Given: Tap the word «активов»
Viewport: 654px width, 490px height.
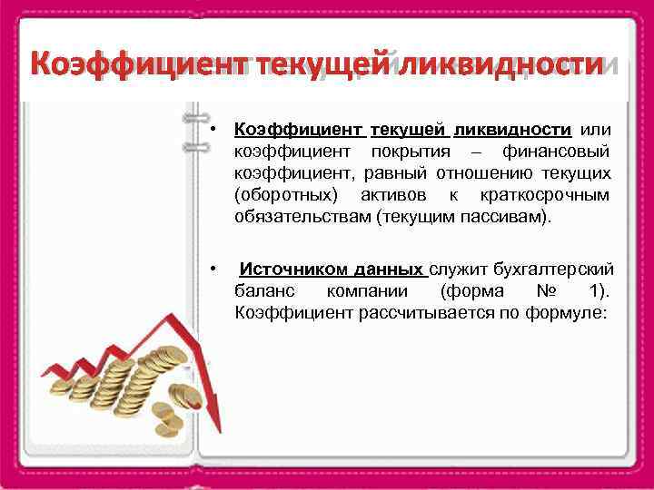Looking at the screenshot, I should (x=398, y=195).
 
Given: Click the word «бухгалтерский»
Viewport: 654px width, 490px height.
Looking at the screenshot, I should (x=554, y=269).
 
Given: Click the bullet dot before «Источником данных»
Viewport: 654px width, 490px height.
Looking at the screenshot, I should (x=211, y=269).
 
